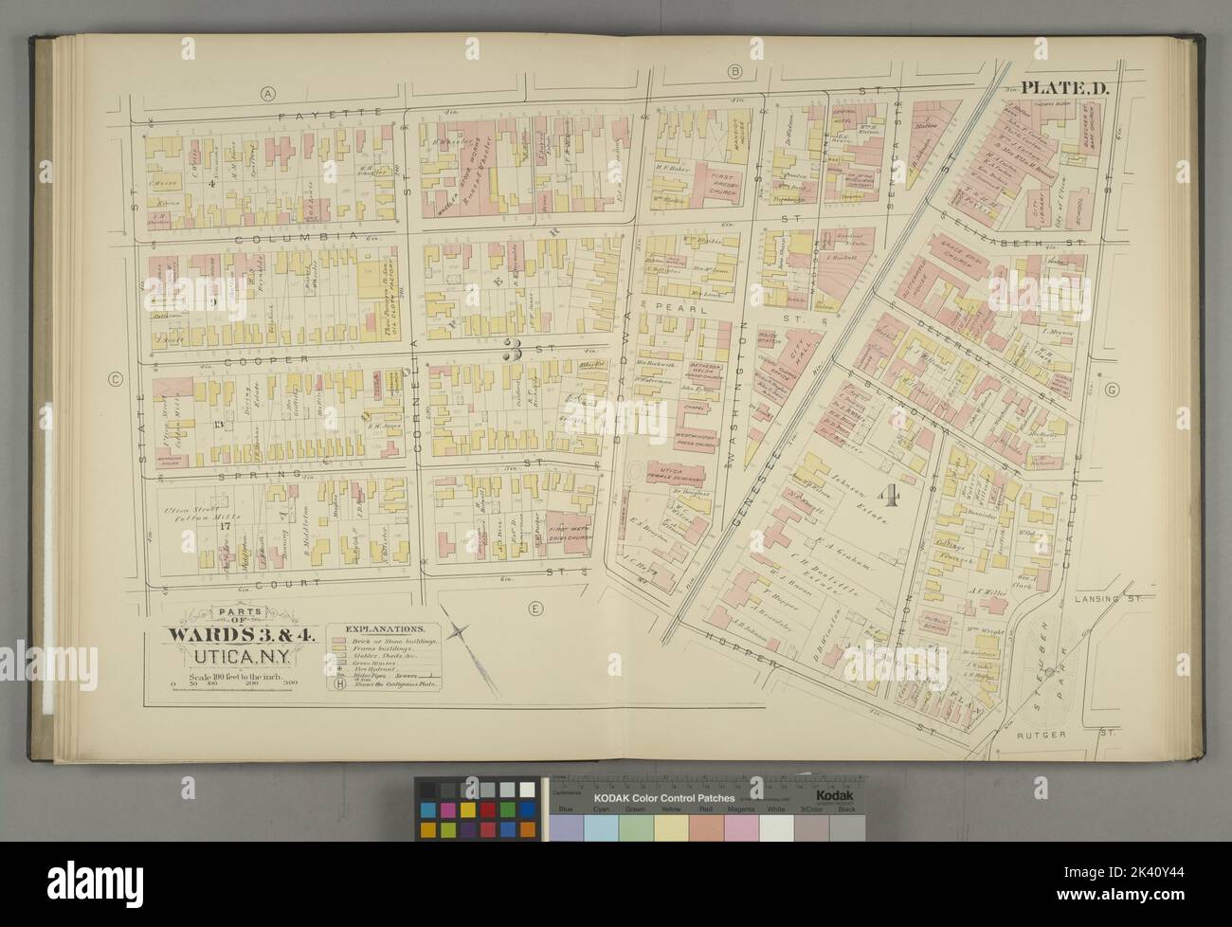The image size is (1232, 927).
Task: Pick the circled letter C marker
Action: tap(115, 380)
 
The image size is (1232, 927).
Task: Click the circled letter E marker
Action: tap(535, 609)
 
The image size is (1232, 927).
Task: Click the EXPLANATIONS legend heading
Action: tap(385, 628)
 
